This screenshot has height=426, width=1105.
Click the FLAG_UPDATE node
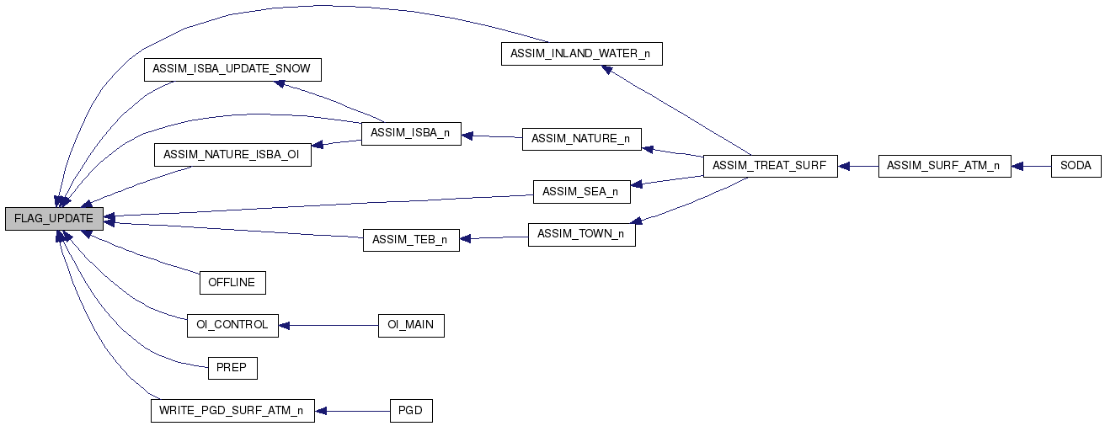click(54, 218)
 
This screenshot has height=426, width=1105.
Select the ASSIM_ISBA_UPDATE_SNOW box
click(232, 69)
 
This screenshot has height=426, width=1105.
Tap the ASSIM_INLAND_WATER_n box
click(582, 54)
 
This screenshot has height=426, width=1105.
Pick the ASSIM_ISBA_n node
click(411, 133)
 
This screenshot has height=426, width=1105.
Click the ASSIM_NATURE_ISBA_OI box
click(232, 155)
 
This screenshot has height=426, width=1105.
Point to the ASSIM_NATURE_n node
click(582, 139)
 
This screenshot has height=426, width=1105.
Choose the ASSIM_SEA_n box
click(581, 192)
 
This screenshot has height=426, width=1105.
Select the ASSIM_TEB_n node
click(411, 239)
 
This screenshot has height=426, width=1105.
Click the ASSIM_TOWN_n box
click(581, 234)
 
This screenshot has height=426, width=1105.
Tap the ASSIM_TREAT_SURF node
click(771, 166)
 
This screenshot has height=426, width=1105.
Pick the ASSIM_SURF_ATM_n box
click(944, 166)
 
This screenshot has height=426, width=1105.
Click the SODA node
click(1076, 166)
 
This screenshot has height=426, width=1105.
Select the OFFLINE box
click(232, 282)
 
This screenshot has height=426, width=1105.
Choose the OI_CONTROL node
click(232, 325)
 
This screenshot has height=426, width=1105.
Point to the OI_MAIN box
click(411, 325)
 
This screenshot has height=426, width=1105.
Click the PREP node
click(232, 368)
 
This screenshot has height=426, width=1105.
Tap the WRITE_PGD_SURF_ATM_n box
click(232, 411)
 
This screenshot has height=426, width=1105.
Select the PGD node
click(411, 411)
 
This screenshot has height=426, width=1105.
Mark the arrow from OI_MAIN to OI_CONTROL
click(328, 325)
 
